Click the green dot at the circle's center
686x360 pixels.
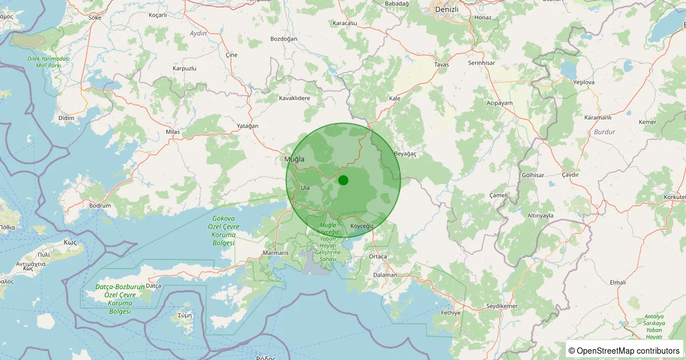point(343,181)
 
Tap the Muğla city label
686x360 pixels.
point(294,159)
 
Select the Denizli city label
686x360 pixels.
point(447,10)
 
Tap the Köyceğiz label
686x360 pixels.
point(362,226)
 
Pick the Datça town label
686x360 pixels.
point(154,285)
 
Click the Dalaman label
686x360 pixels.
point(385,275)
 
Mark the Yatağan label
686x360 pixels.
point(248,126)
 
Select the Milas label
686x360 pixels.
point(173,132)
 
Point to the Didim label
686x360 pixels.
point(66,118)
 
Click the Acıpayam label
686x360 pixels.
point(500,103)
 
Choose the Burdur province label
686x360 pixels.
point(604,131)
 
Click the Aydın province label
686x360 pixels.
point(198,34)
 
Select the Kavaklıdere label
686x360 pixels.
point(294,98)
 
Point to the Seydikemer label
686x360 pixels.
point(501,306)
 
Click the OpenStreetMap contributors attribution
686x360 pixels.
point(624,350)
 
